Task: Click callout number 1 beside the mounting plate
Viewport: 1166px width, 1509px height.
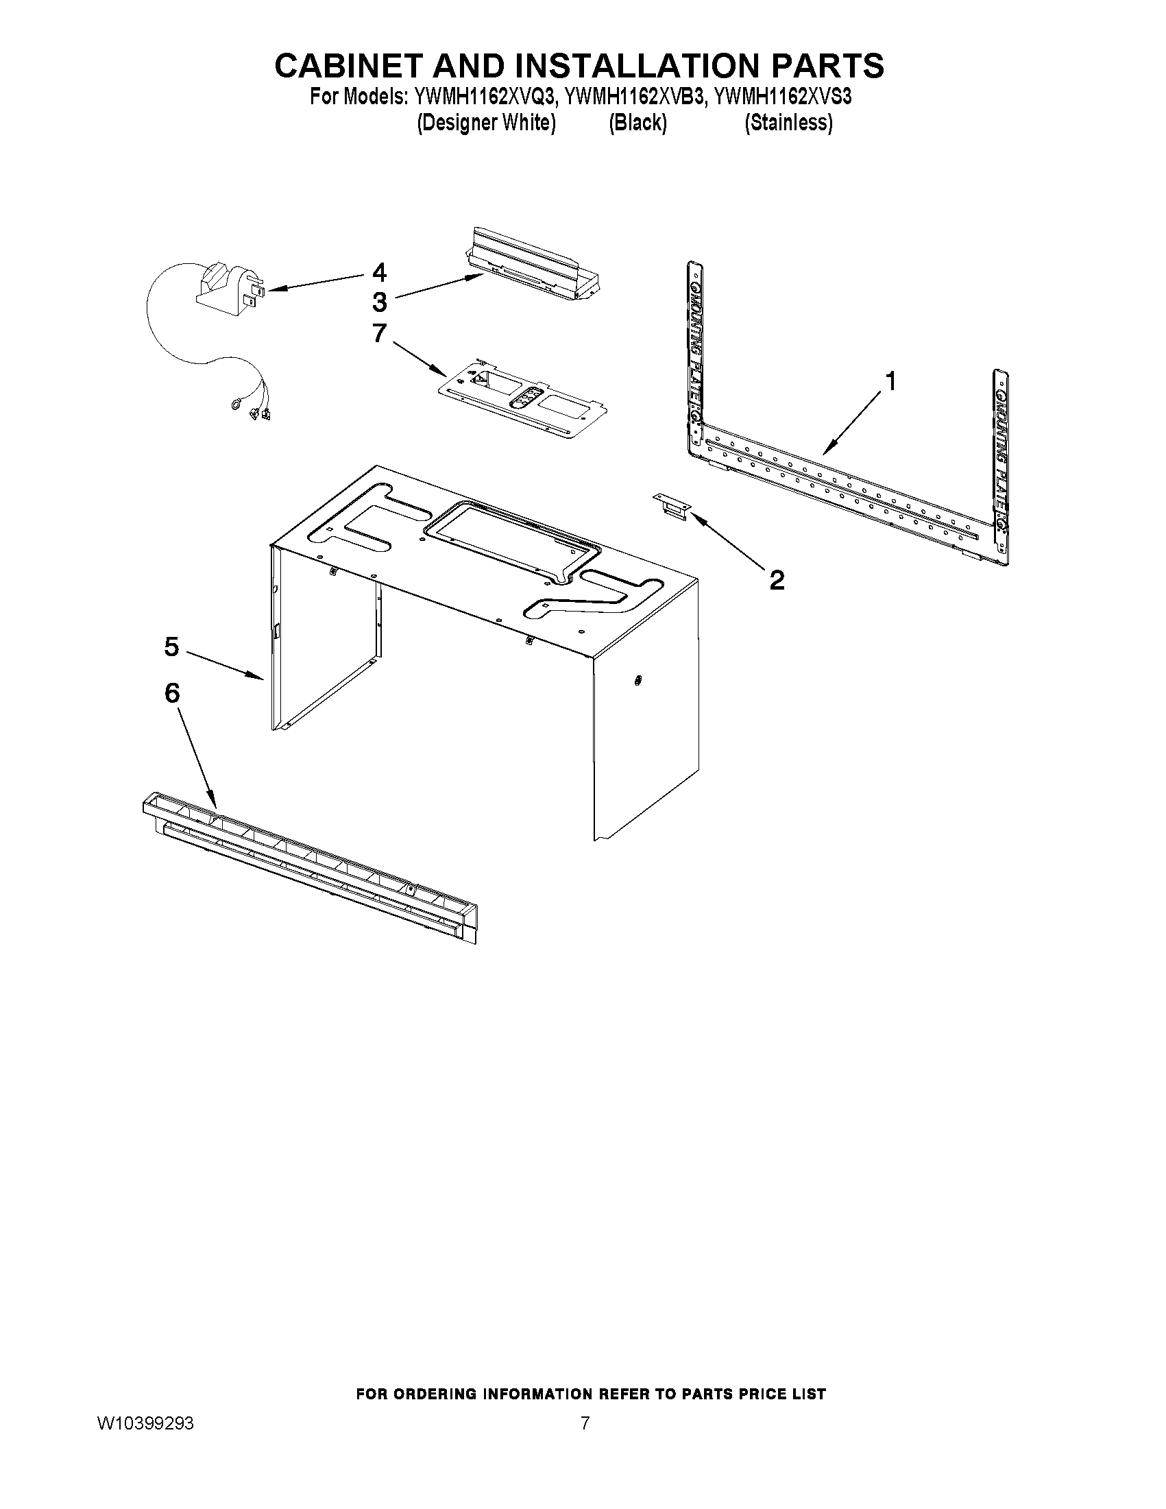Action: (891, 381)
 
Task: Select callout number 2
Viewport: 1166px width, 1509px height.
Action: (777, 580)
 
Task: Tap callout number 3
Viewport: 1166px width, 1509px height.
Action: (379, 302)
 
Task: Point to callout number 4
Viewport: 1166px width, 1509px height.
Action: (379, 272)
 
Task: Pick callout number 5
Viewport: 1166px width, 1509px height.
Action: (171, 647)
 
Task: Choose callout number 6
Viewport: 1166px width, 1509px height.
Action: (171, 692)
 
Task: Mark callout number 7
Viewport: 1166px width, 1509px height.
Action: (379, 333)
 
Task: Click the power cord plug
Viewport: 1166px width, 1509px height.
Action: (228, 290)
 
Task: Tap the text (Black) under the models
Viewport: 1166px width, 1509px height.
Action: (637, 123)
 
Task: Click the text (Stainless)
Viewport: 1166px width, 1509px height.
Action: (788, 123)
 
